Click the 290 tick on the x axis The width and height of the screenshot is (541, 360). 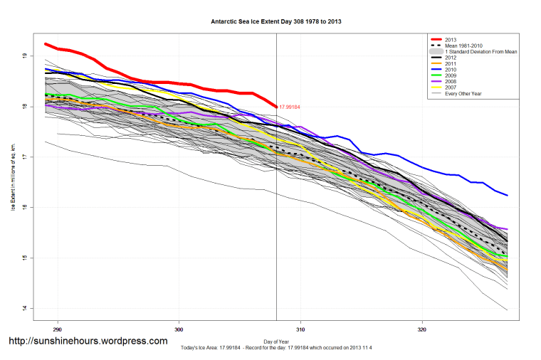(x=57, y=329)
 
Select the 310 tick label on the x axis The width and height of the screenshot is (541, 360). (x=300, y=329)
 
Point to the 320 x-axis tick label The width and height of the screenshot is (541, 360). (x=422, y=329)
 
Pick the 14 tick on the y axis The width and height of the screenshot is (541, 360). (x=24, y=308)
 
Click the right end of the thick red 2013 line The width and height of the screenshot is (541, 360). (x=276, y=107)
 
